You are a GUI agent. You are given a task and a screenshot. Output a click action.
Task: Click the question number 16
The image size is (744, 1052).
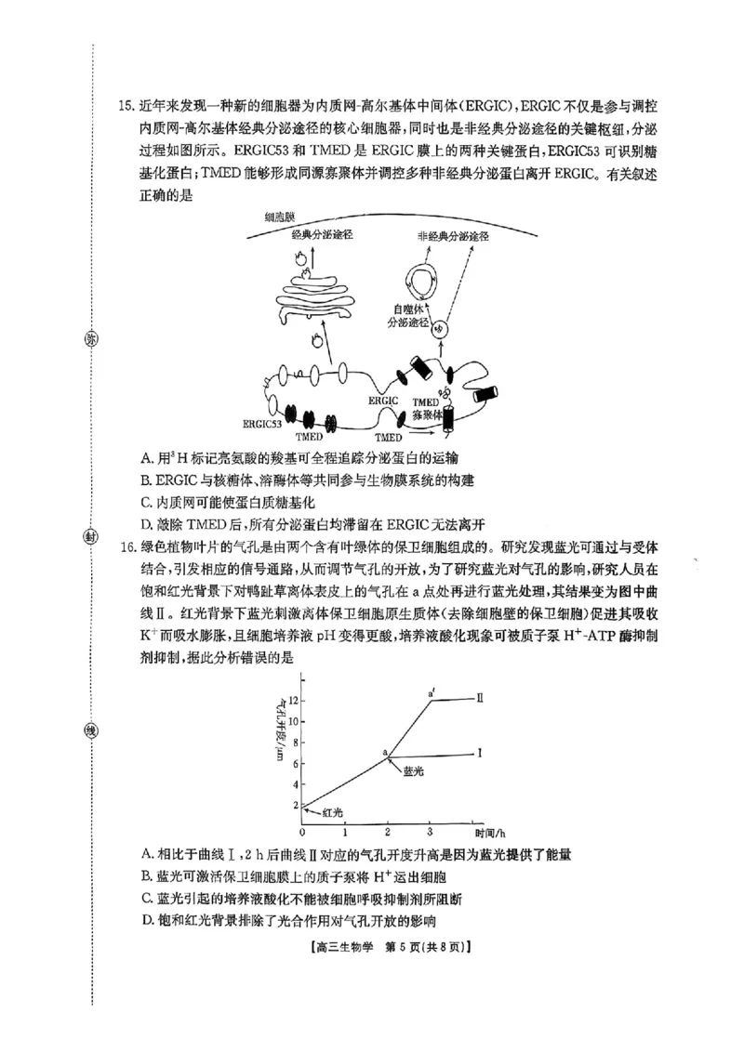pyautogui.click(x=127, y=545)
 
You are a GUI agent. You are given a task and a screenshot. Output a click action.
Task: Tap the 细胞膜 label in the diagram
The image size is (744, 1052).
pyautogui.click(x=281, y=216)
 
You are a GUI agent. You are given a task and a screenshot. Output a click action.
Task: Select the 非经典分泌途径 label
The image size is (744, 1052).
pyautogui.click(x=453, y=237)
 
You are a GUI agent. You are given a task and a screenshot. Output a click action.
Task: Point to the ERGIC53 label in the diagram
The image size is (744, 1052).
pyautogui.click(x=262, y=423)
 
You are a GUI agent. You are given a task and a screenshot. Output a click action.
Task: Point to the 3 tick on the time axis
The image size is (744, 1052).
pyautogui.click(x=430, y=831)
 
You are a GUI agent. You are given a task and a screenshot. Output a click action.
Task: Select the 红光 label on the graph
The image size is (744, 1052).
pyautogui.click(x=333, y=812)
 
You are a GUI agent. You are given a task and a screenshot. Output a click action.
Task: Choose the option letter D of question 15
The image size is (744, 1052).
pyautogui.click(x=146, y=523)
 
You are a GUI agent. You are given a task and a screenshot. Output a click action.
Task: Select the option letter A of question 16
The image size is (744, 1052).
pyautogui.click(x=146, y=854)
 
